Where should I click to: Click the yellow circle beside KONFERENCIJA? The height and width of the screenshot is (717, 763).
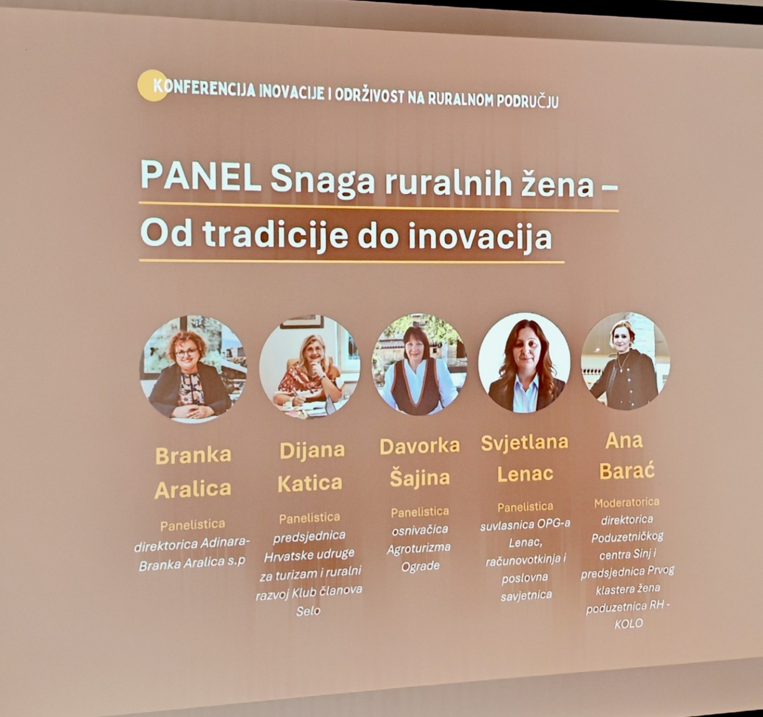(152, 85)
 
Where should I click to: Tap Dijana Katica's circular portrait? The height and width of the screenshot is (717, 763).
(309, 366)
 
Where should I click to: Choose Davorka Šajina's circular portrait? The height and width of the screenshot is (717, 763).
(419, 363)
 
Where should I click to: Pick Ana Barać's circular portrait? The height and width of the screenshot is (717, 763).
(625, 361)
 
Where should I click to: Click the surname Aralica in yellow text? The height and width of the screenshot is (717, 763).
(193, 489)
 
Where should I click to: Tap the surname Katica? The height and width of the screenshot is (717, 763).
(310, 483)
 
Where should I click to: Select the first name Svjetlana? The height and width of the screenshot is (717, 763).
(524, 443)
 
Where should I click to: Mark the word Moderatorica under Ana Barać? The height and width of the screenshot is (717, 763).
(627, 502)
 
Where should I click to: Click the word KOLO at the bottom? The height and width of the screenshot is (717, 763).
(628, 624)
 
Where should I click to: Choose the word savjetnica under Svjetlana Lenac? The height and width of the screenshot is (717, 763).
(526, 595)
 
